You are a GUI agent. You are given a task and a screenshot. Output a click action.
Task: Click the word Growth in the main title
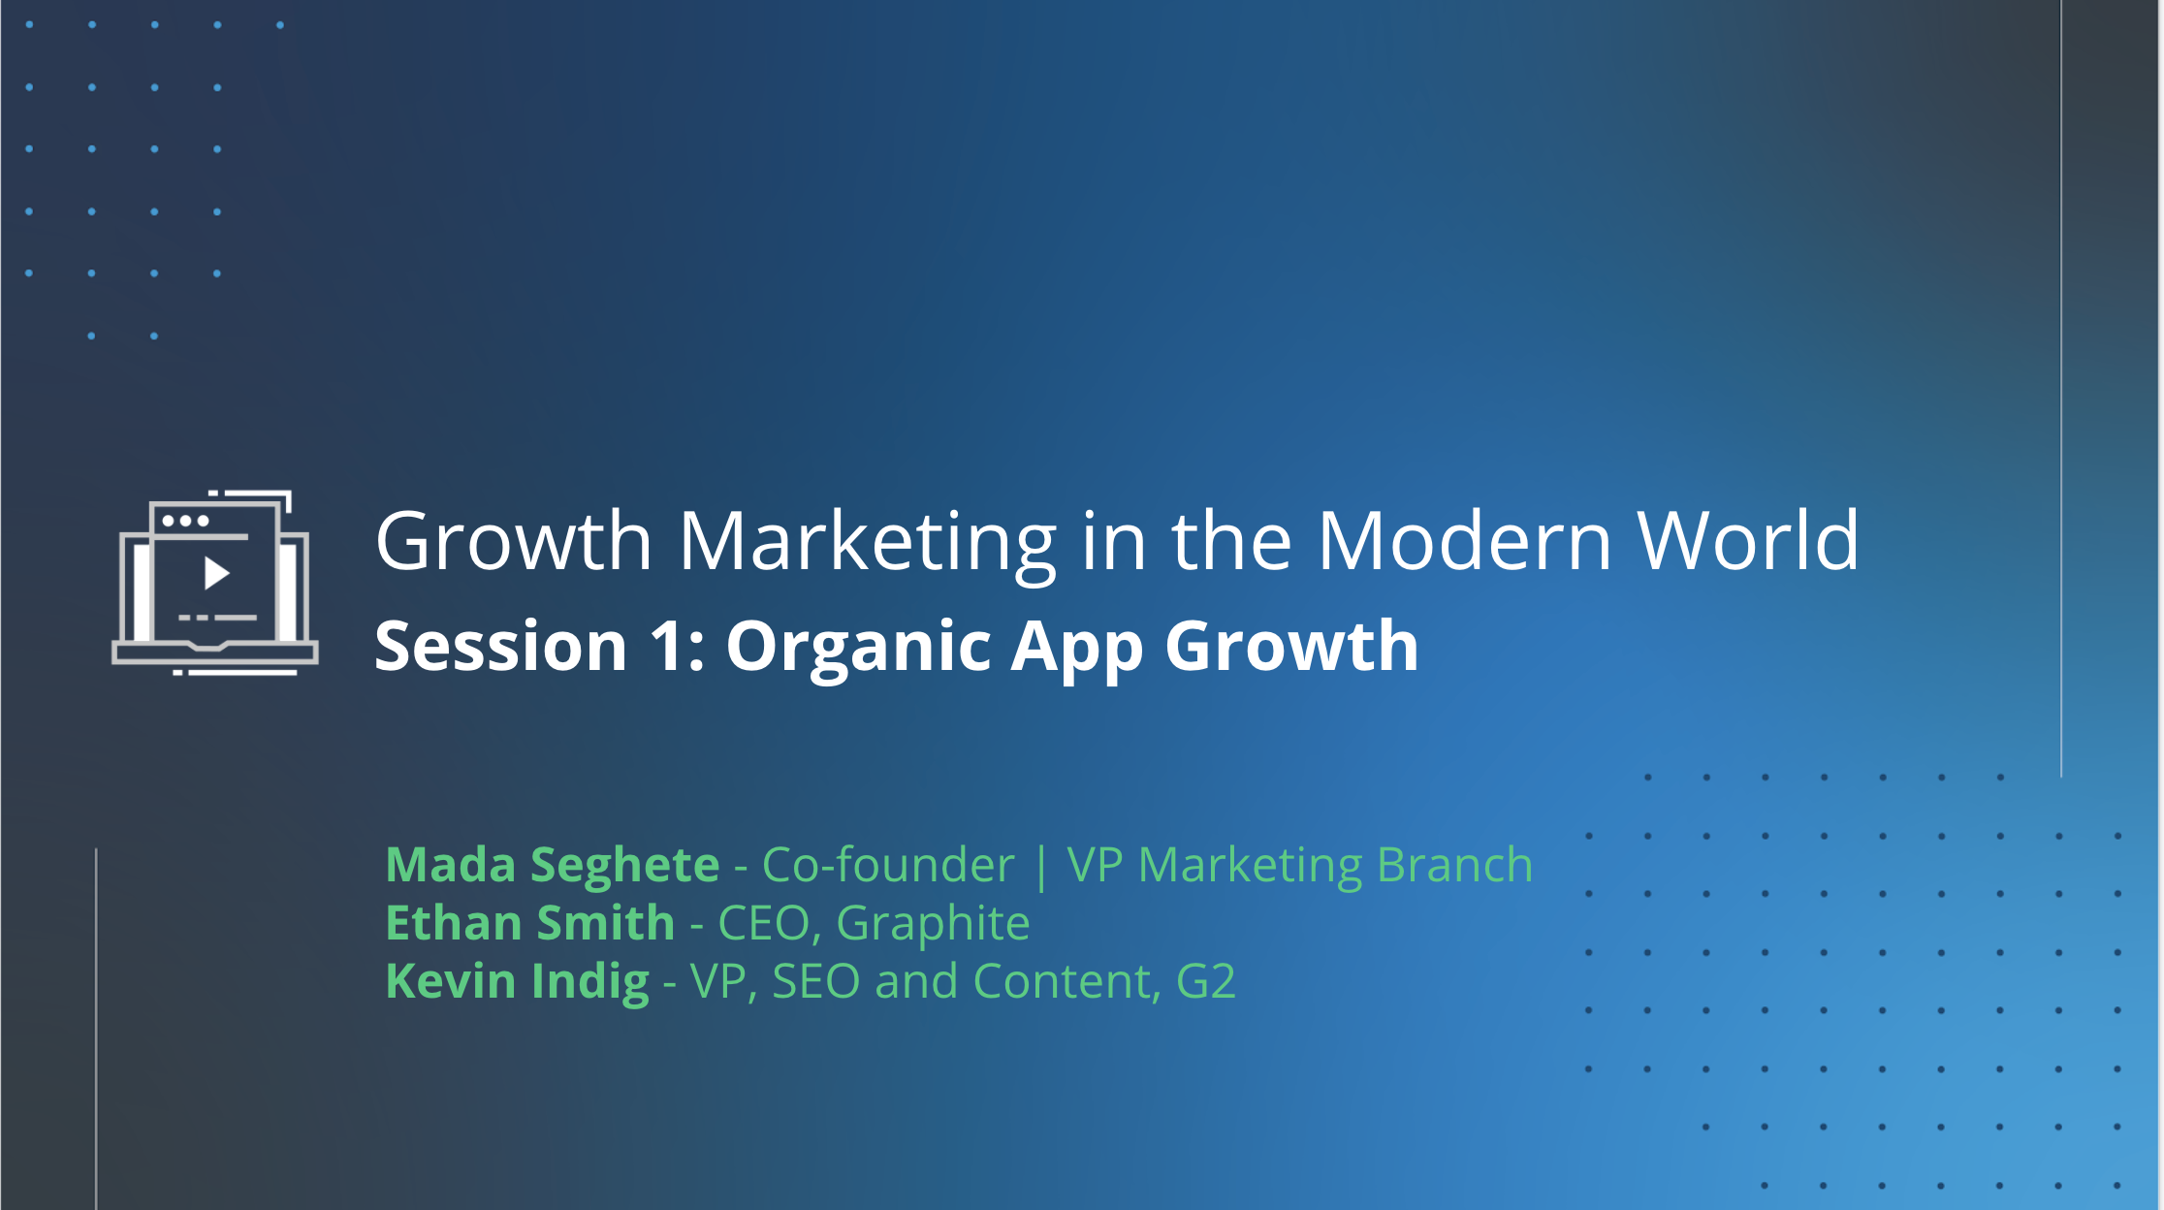[514, 543]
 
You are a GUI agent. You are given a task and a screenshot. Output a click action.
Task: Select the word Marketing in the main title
[868, 543]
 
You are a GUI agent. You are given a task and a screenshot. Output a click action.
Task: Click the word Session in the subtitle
[501, 646]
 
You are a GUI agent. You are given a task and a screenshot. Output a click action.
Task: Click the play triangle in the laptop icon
[216, 574]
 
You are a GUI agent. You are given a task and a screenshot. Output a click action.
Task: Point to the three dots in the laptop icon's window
[185, 521]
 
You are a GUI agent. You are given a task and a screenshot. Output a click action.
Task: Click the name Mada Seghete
[553, 865]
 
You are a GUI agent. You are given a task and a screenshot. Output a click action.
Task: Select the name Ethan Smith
[530, 922]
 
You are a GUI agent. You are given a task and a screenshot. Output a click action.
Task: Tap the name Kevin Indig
[518, 981]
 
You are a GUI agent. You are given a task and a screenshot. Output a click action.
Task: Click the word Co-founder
[888, 864]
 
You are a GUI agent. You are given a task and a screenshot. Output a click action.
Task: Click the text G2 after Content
[1205, 981]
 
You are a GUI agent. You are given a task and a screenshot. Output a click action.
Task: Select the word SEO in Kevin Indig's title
[815, 981]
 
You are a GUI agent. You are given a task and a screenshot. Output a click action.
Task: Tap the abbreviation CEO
[763, 923]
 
